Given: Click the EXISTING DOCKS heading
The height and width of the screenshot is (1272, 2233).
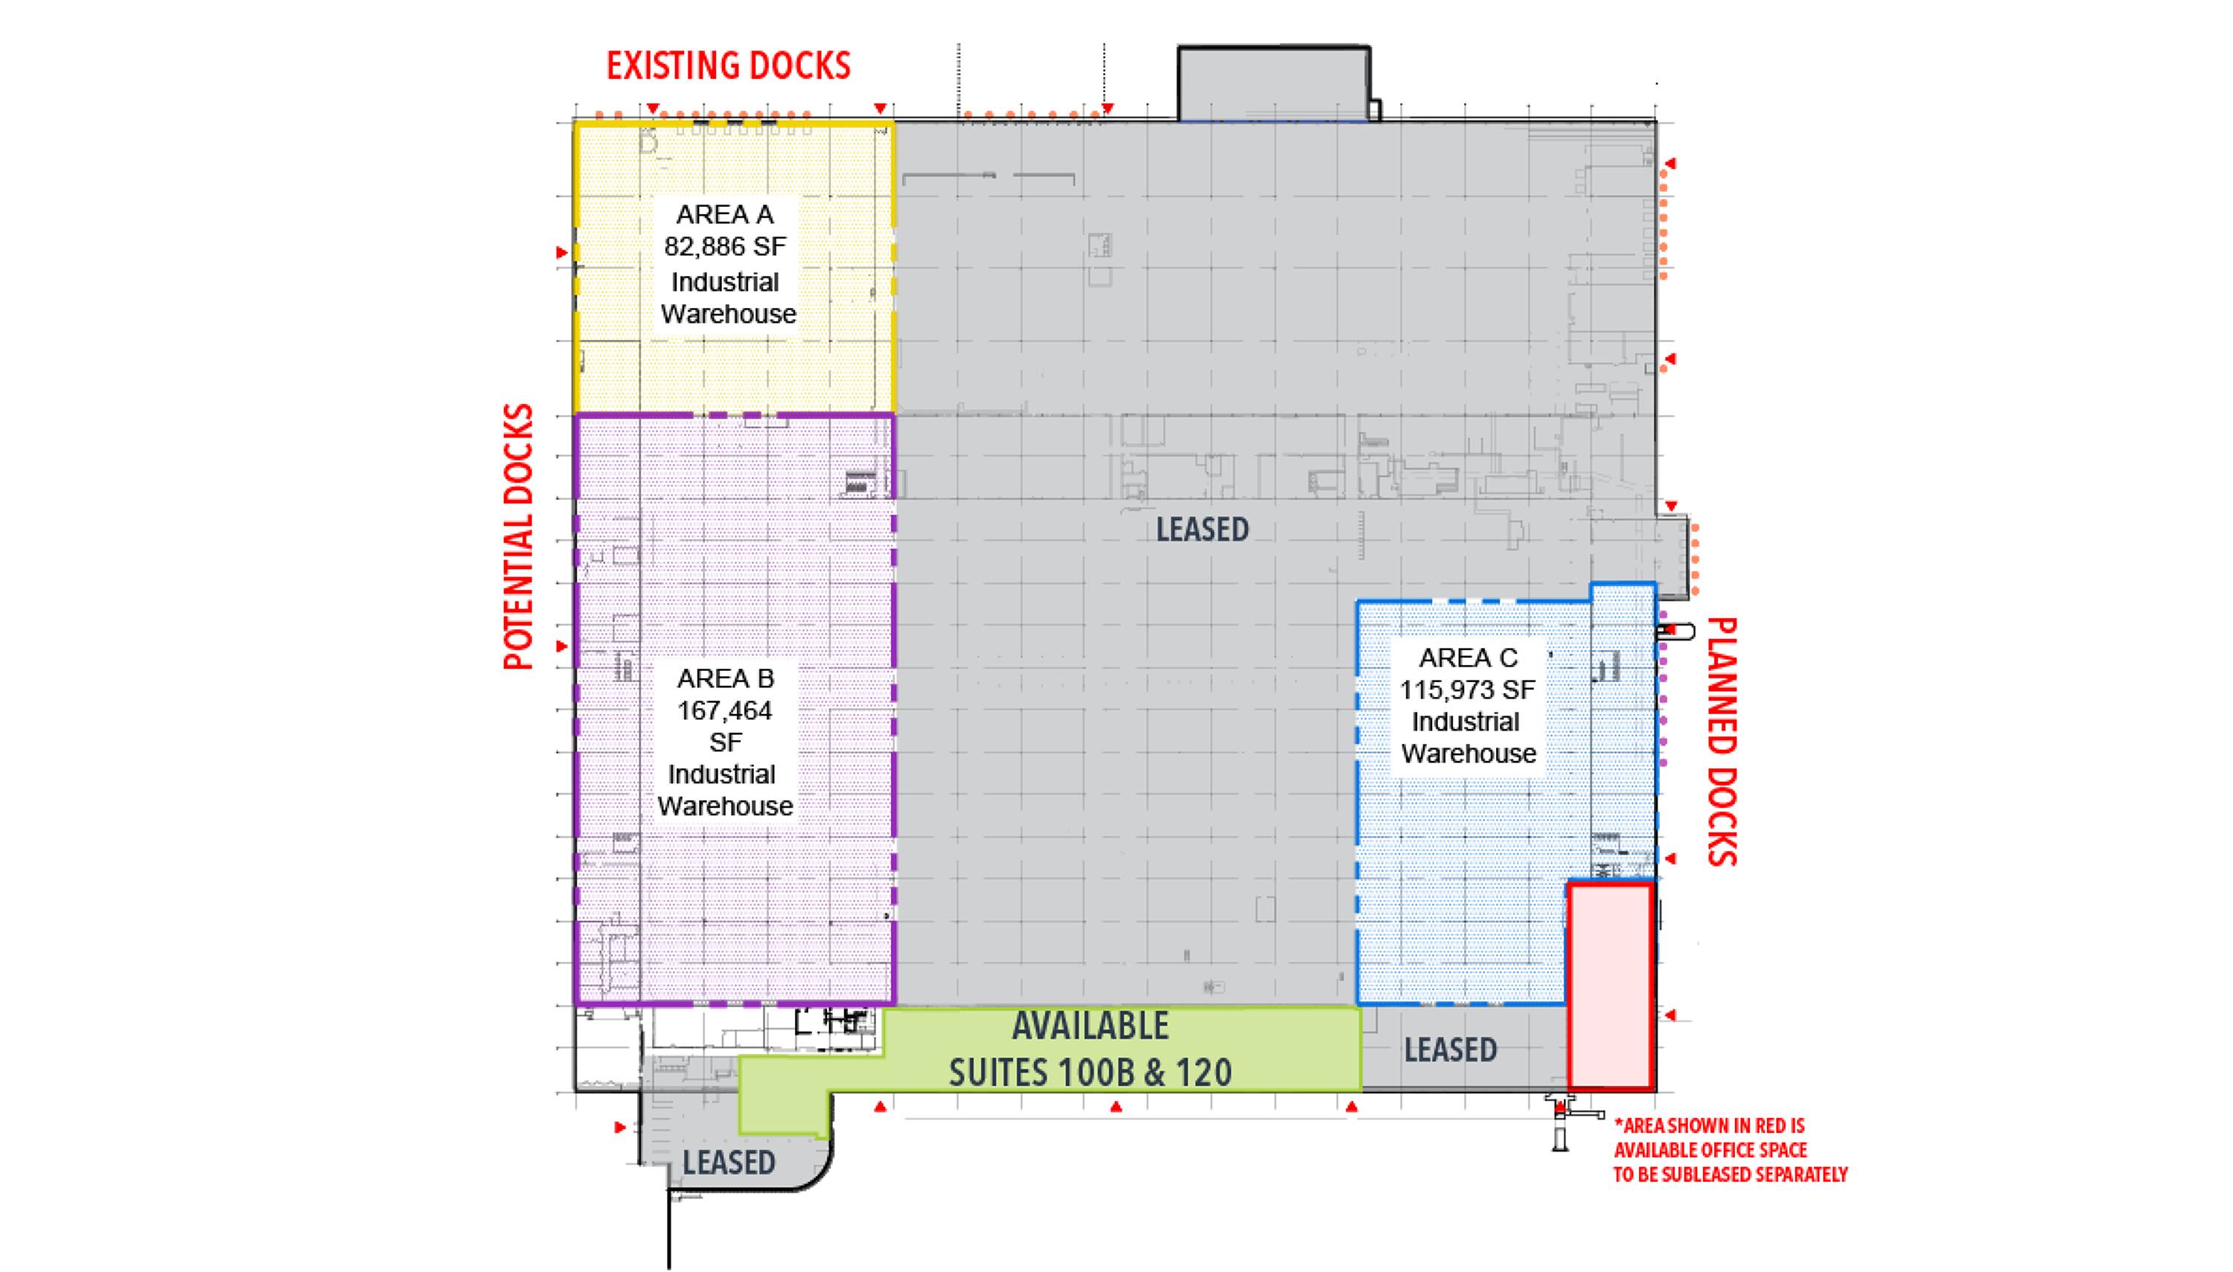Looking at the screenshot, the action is pos(728,66).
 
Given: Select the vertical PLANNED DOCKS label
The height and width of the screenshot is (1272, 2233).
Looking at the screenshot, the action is pos(1722,742).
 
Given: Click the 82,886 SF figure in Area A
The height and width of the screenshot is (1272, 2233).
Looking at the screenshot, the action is pos(724,247).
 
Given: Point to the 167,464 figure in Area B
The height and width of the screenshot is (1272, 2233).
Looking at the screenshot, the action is pos(724,711).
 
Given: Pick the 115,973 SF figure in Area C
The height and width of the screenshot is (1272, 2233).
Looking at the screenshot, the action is pos(1467,690).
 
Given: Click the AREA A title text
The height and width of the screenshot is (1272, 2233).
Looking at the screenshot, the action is pos(724,215).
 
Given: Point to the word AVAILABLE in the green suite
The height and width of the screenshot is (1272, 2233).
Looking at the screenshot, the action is pos(1090,1027).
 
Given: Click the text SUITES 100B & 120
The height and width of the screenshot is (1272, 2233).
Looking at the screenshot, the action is pos(1090,1073).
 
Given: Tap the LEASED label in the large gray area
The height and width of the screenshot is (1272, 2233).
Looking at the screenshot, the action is pos(1203,530).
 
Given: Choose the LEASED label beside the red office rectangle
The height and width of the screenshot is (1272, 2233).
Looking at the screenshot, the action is pos(1451,1050).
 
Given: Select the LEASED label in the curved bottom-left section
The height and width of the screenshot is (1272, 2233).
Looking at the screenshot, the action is pos(729,1163).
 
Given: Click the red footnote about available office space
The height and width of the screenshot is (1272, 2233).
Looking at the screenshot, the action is pos(1731,1151).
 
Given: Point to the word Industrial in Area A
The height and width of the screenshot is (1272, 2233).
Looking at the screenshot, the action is pos(724,282).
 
